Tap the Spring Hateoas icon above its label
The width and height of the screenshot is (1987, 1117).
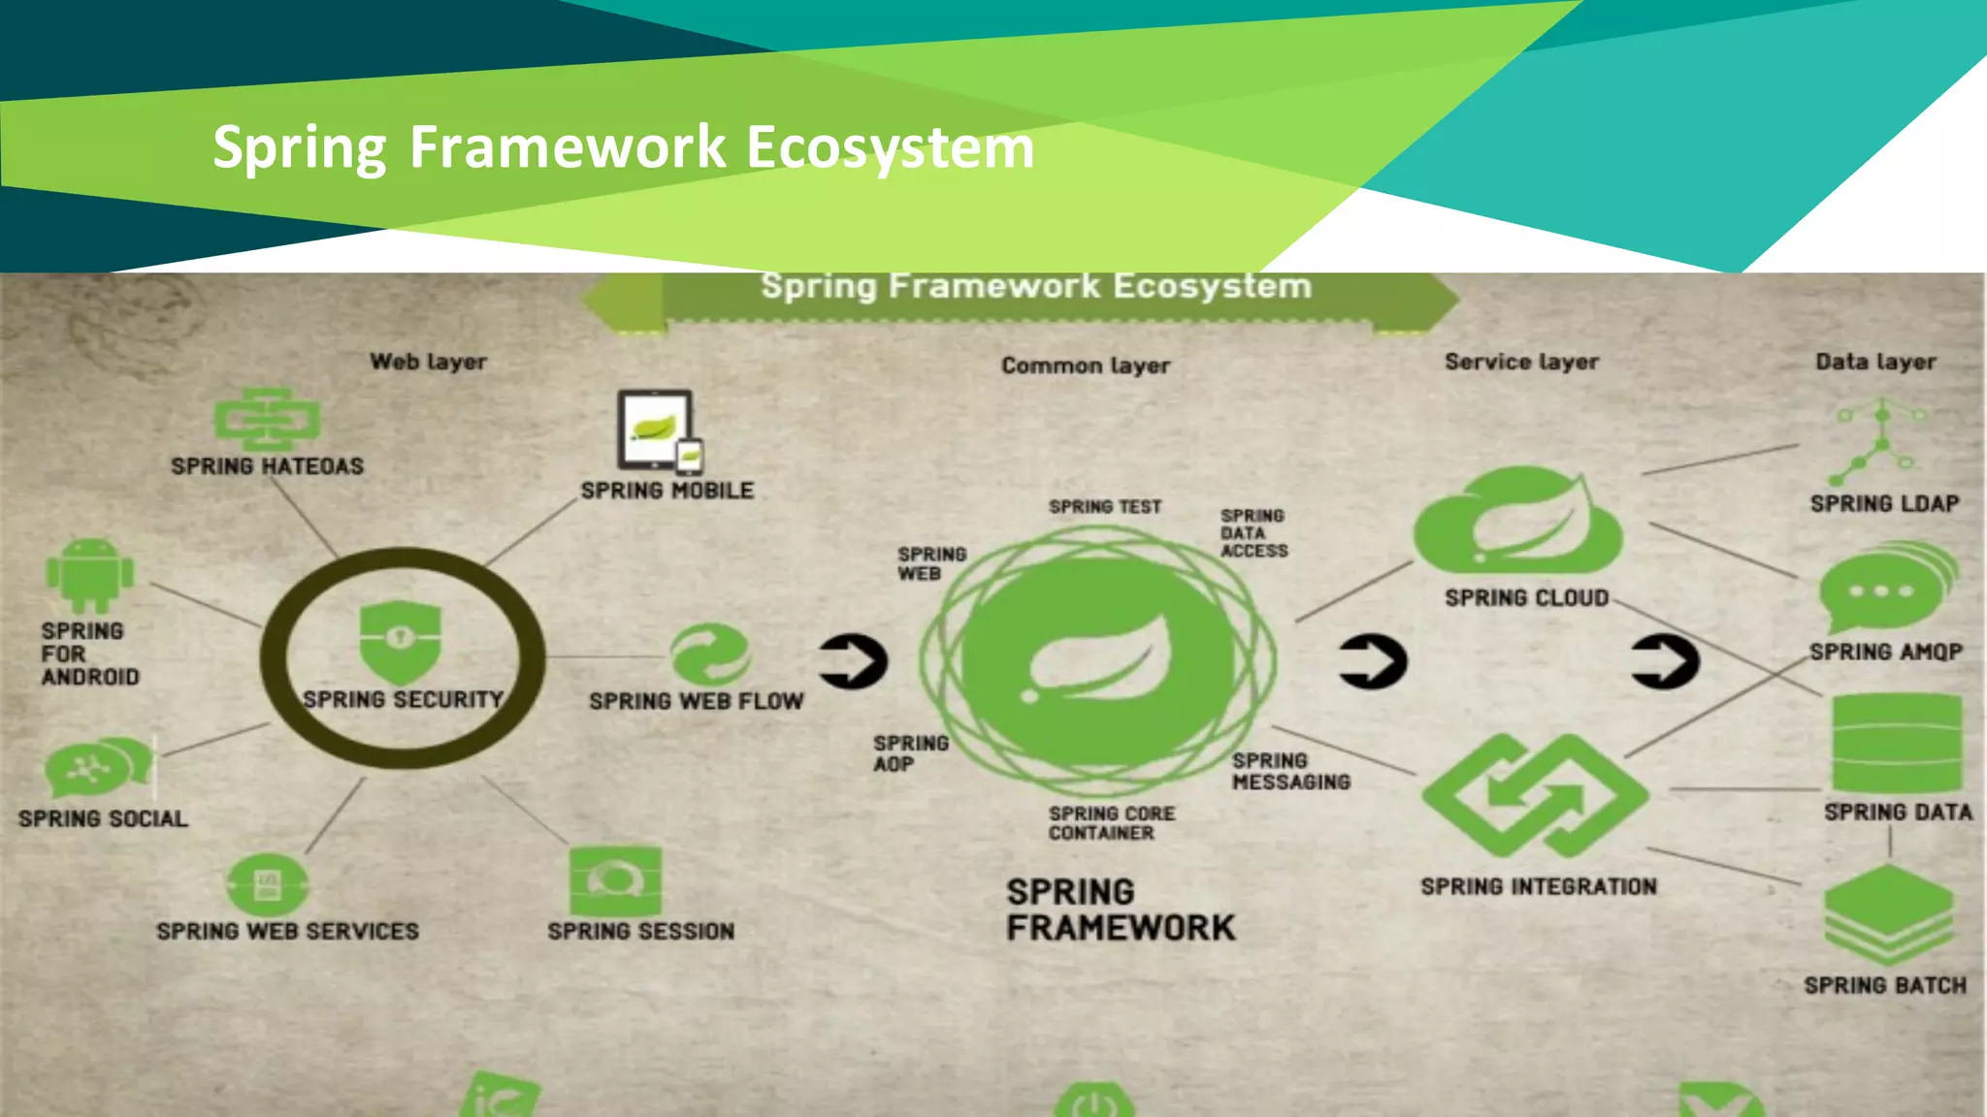[x=267, y=420]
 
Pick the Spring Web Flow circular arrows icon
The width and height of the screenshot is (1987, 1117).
[x=711, y=655]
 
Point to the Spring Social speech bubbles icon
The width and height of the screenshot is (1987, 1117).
[x=98, y=769]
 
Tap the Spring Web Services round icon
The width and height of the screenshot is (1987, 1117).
[x=267, y=884]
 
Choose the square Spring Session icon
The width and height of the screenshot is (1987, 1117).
[x=615, y=881]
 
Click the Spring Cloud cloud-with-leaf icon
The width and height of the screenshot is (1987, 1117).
[x=1517, y=524]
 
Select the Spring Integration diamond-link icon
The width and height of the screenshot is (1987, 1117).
[x=1535, y=795]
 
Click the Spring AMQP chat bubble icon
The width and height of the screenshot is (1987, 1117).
[x=1886, y=588]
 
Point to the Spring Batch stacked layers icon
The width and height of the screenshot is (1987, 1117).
[x=1887, y=915]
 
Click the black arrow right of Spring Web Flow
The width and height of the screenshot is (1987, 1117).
[x=853, y=661]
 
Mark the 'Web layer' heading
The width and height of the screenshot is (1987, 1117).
[x=428, y=362]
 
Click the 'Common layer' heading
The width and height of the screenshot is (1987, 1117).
[x=1086, y=366]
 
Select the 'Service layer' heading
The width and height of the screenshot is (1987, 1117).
[x=1521, y=362]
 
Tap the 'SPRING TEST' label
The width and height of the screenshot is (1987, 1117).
[x=1104, y=507]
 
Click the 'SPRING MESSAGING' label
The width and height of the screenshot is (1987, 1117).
[x=1290, y=771]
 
